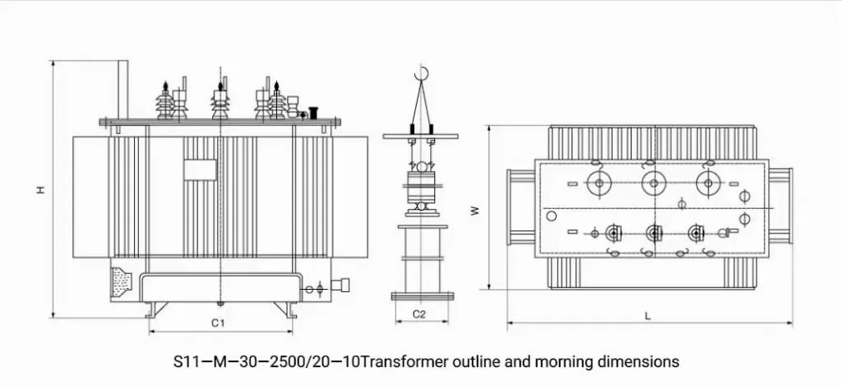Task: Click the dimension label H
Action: click(39, 189)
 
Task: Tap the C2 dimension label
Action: click(419, 314)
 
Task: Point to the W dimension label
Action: click(474, 210)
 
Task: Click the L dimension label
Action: click(648, 314)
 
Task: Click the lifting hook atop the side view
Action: click(423, 74)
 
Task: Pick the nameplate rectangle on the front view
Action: click(200, 170)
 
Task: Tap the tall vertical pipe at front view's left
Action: click(123, 91)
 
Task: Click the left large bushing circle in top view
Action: click(599, 183)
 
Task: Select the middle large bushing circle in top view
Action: click(654, 183)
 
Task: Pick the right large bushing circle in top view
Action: click(706, 183)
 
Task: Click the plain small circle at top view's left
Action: click(551, 216)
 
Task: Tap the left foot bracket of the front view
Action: click(155, 309)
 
